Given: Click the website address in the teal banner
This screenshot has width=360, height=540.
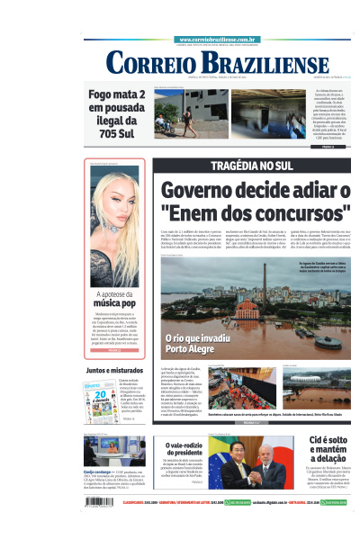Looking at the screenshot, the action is click(219, 40).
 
